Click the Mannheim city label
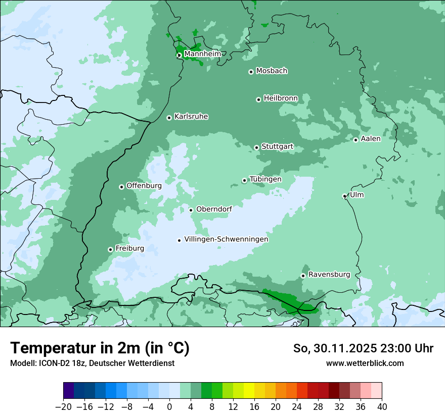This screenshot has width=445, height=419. (x=202, y=54)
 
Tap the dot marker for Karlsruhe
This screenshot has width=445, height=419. (x=169, y=118)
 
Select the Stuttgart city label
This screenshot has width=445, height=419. (x=277, y=146)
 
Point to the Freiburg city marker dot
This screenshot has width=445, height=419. (x=110, y=249)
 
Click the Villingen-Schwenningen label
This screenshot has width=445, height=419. (x=226, y=239)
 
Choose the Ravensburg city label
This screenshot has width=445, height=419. (x=329, y=275)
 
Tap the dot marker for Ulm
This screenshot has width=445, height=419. (x=344, y=196)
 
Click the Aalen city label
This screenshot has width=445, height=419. (x=370, y=139)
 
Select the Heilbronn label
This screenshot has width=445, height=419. (x=281, y=98)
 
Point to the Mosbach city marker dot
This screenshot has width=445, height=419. (x=251, y=72)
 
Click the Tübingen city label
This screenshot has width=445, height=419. (x=265, y=179)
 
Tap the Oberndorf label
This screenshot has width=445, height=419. (x=214, y=209)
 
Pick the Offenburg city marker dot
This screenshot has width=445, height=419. (x=121, y=187)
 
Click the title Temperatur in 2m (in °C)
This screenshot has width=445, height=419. (x=100, y=348)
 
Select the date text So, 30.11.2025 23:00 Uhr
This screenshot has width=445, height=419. (x=363, y=348)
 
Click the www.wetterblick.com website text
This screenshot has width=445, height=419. (x=365, y=363)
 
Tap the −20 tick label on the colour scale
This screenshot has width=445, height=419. (x=63, y=407)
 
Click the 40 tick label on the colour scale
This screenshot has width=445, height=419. (x=382, y=407)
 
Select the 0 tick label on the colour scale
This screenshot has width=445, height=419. (x=169, y=407)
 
